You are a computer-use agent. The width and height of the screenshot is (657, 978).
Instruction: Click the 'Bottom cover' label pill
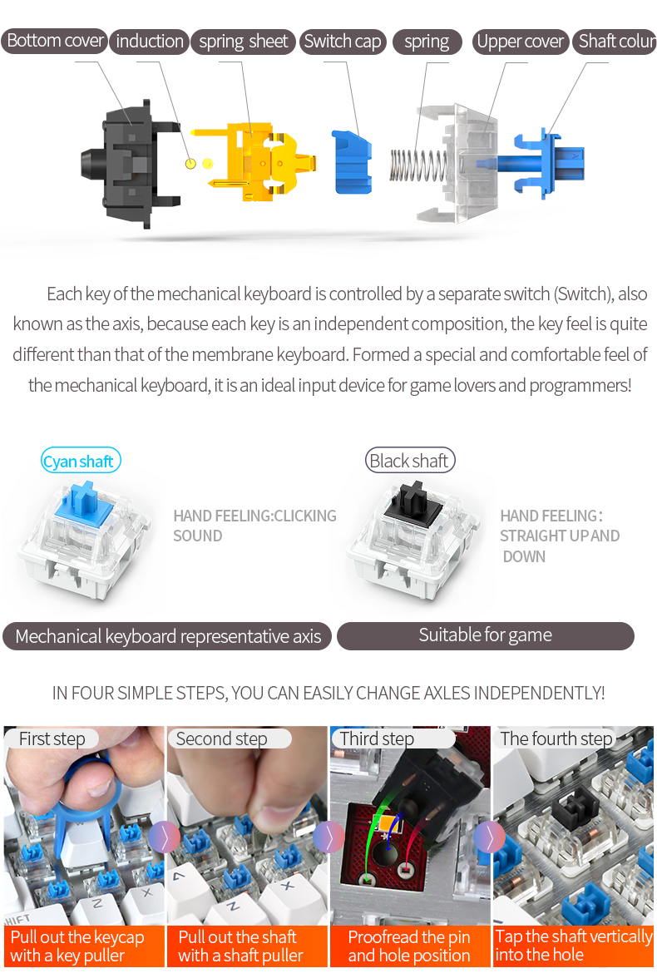[54, 41]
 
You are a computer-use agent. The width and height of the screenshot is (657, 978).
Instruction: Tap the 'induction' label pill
[149, 41]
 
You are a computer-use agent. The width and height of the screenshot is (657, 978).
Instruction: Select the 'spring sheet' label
[243, 42]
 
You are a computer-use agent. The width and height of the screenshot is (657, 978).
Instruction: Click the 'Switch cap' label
[343, 42]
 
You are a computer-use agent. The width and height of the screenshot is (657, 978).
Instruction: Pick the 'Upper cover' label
[520, 42]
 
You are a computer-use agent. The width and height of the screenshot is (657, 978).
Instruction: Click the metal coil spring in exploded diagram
[416, 164]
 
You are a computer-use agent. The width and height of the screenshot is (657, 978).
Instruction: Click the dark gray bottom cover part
[129, 165]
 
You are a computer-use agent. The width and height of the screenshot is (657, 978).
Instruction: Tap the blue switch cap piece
[351, 161]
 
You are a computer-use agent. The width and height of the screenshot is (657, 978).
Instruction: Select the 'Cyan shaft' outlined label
[81, 461]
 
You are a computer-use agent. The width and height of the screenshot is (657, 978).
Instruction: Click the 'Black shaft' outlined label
[410, 461]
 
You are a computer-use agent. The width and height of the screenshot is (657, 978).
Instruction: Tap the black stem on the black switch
[411, 501]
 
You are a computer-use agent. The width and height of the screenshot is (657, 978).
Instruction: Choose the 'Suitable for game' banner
[485, 636]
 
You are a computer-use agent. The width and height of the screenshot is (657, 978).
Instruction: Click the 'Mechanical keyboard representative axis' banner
[167, 637]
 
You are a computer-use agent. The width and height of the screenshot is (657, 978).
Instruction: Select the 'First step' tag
[52, 738]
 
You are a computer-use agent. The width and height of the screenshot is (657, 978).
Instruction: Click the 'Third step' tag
[378, 738]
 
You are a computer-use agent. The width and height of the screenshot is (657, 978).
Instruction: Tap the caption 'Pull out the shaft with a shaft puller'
[241, 946]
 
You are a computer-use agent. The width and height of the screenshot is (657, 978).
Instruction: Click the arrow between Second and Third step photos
[328, 837]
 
